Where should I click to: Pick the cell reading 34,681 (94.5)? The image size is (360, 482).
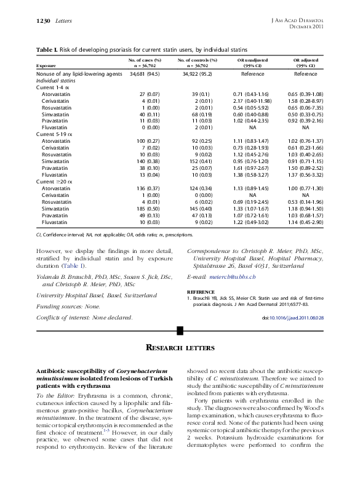[x=144, y=73]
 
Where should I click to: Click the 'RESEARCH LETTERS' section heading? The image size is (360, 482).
[x=180, y=348]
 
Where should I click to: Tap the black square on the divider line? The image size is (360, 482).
[x=180, y=331]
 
